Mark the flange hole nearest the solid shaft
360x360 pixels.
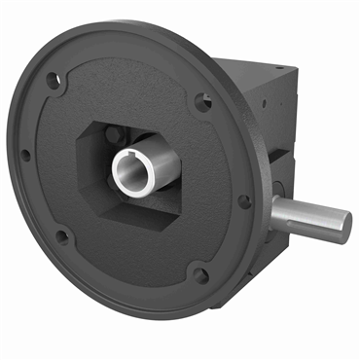pos(244,201)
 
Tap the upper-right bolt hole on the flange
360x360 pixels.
pos(202,99)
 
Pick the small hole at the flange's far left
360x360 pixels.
pos(26,154)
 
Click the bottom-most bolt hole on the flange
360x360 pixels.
pos(199,275)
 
